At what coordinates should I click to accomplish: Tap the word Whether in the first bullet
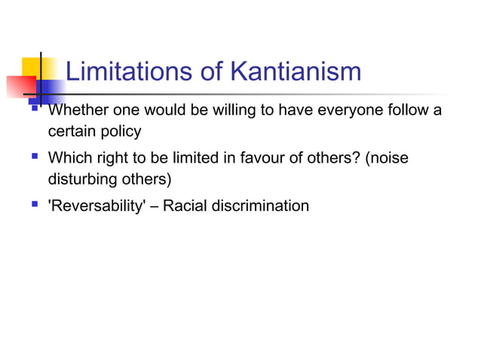click(x=74, y=111)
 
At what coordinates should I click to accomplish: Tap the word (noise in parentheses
click(x=390, y=159)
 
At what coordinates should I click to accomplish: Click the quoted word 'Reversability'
click(x=93, y=206)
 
